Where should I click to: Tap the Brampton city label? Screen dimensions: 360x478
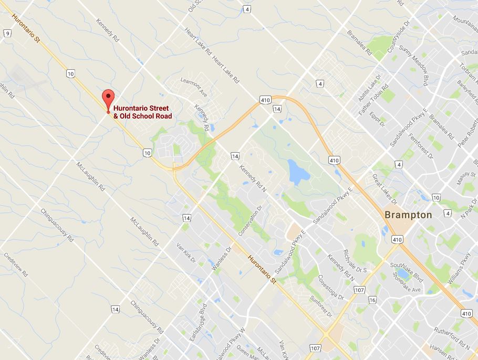[x=408, y=215]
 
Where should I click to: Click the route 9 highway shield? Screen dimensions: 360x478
[x=7, y=34]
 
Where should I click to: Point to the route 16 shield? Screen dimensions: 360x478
[x=372, y=300]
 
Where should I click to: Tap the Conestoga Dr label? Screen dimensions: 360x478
[x=330, y=288]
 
